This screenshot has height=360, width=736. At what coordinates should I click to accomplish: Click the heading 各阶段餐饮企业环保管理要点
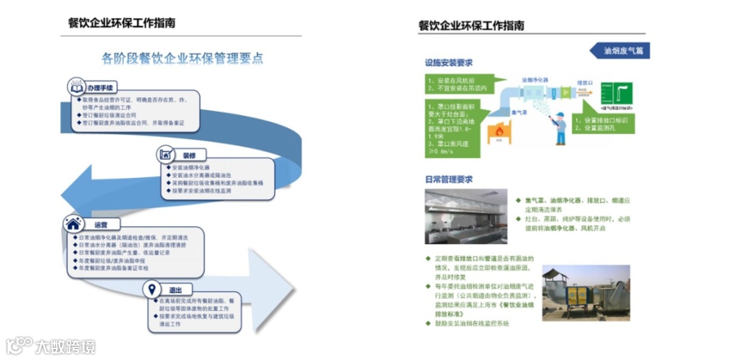pyautogui.click(x=182, y=58)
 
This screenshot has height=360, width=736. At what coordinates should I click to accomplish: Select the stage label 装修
pyautogui.click(x=189, y=155)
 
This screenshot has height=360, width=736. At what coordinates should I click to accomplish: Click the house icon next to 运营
pyautogui.click(x=73, y=223)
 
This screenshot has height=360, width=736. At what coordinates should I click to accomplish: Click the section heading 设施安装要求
pyautogui.click(x=448, y=63)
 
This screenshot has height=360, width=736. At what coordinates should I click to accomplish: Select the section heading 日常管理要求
pyautogui.click(x=448, y=180)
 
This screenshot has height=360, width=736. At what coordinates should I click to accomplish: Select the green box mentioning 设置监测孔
pyautogui.click(x=603, y=124)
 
